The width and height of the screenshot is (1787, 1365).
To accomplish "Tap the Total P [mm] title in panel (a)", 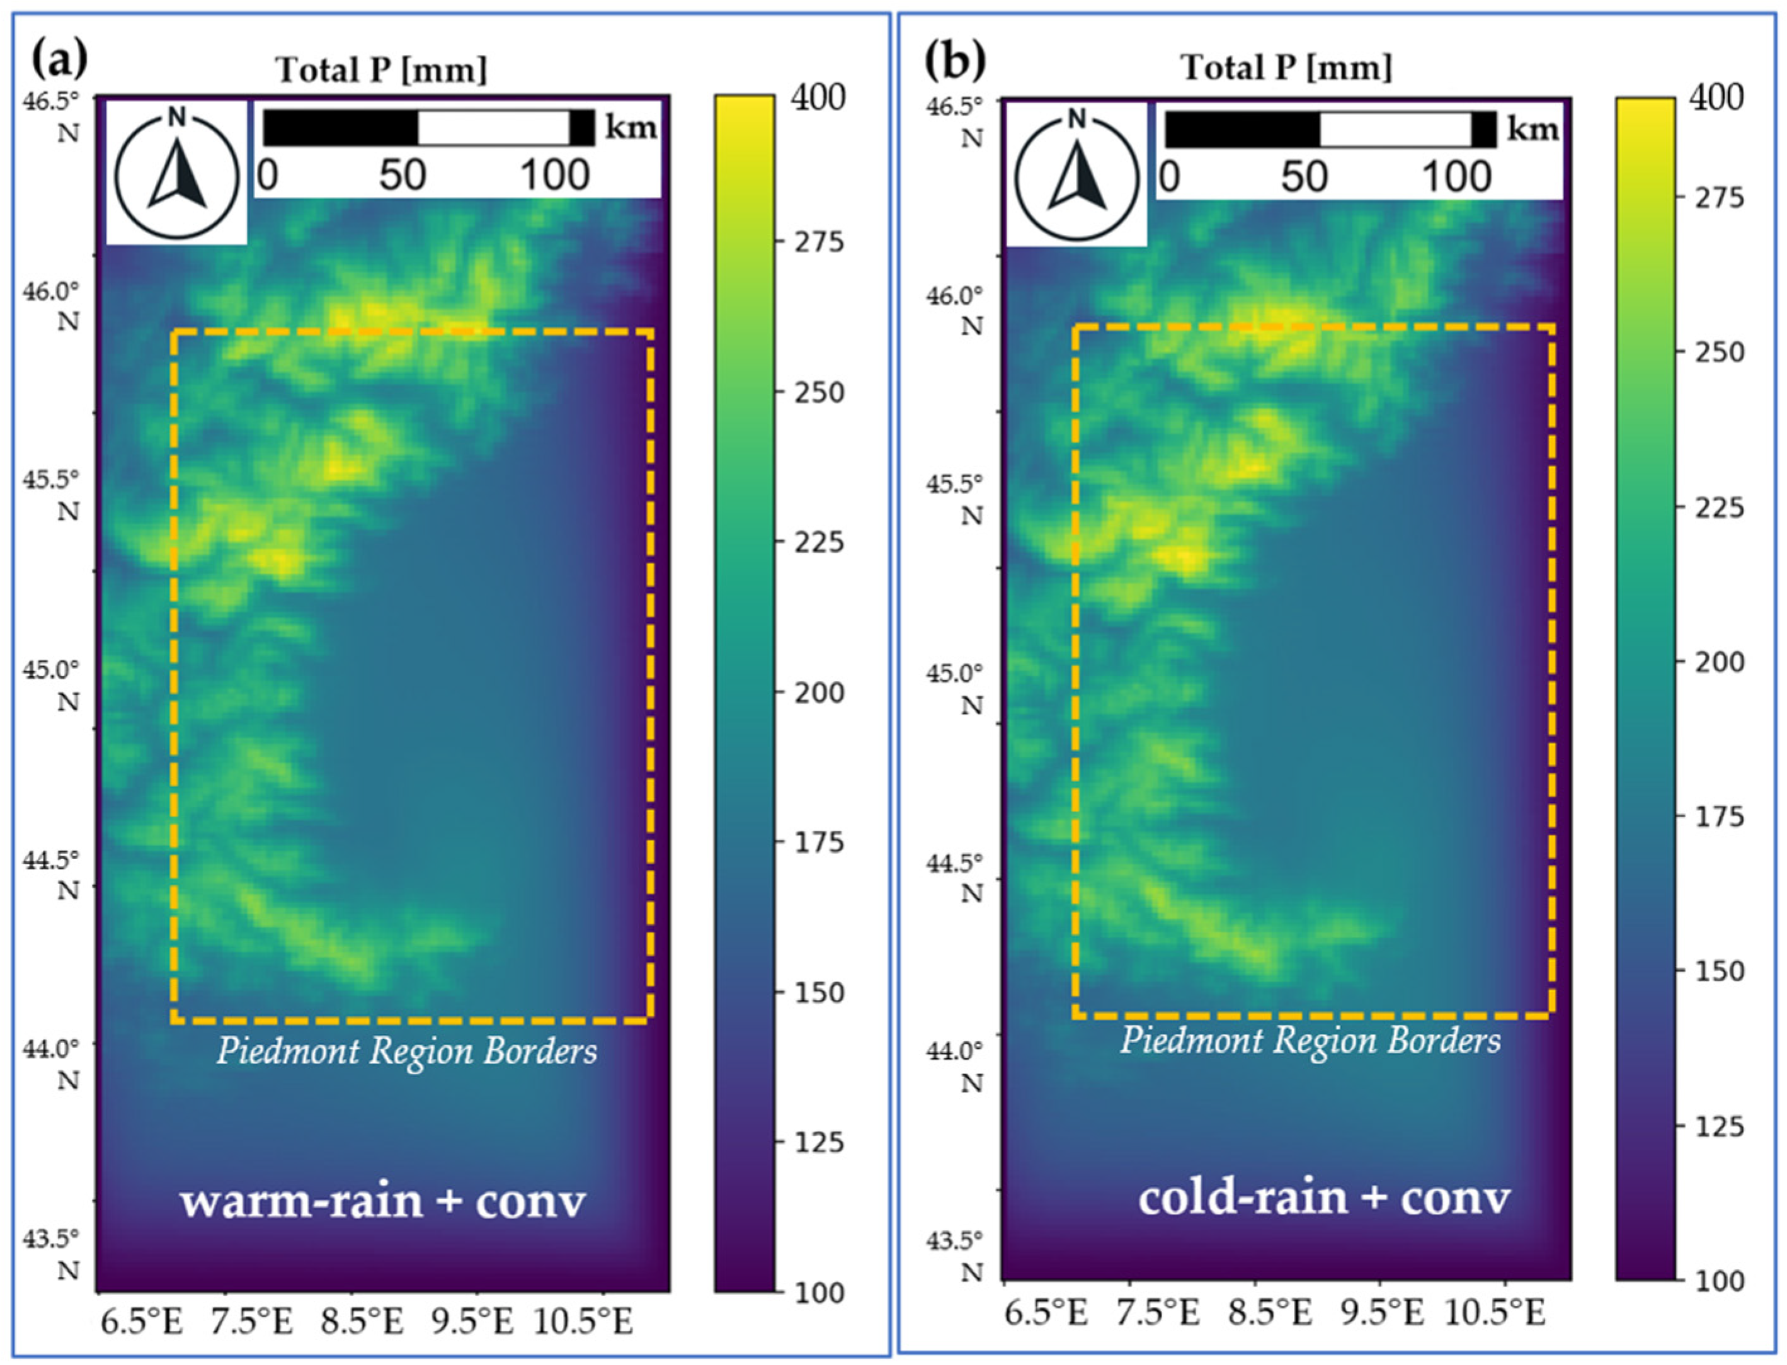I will click(x=382, y=70).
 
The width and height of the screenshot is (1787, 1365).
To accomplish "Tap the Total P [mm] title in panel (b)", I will click(x=1286, y=67).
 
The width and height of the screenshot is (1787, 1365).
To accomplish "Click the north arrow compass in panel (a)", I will click(x=177, y=173).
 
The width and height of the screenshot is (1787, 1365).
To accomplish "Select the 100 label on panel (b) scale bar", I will click(x=1456, y=176).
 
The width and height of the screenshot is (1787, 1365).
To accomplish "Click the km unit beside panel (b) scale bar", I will click(x=1533, y=128).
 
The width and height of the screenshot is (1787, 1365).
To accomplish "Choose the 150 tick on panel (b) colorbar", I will click(x=1719, y=971).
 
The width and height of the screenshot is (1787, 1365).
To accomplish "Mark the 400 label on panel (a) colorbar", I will click(x=818, y=98).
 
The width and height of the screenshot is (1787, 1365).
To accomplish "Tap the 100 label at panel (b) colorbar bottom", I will click(x=1719, y=1281).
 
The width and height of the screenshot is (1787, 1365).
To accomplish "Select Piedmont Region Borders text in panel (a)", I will click(x=406, y=1051).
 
